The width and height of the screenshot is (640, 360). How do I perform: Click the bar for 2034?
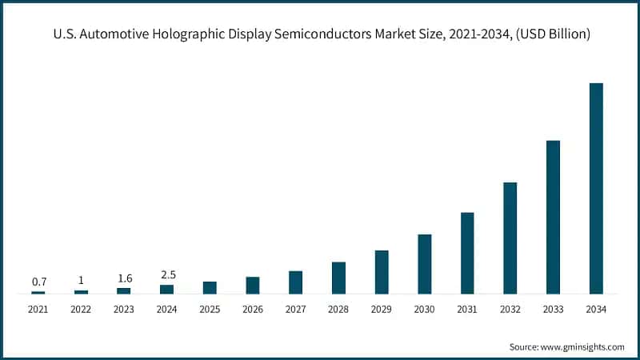click(596, 189)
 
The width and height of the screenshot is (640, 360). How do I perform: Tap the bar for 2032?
click(510, 238)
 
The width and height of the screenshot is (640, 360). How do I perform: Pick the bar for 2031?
click(467, 254)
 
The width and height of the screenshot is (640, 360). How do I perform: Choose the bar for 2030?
click(424, 265)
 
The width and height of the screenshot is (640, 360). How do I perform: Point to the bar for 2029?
click(382, 273)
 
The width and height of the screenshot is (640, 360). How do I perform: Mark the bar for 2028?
click(338, 278)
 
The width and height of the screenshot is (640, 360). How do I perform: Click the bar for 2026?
click(253, 286)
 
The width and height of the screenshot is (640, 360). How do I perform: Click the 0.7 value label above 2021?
click(38, 282)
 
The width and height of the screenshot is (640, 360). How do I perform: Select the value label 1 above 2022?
click(82, 280)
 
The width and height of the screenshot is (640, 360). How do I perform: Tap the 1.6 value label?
click(124, 278)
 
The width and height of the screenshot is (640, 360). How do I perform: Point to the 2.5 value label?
click(167, 274)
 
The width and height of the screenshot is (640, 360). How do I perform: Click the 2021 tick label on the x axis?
click(38, 309)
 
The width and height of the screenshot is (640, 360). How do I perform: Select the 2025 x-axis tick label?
click(210, 309)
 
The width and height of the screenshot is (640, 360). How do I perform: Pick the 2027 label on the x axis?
click(295, 309)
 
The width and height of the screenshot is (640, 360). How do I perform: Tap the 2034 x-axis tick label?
click(596, 309)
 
